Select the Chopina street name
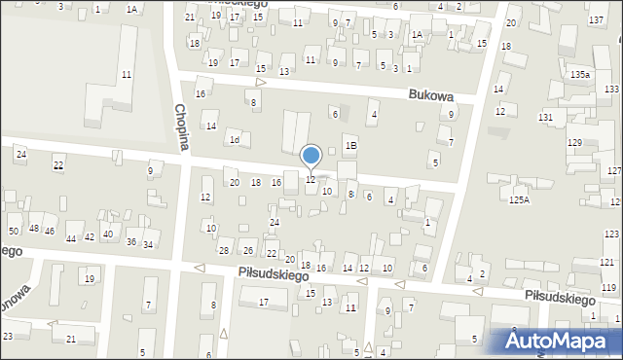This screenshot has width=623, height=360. point(180,127)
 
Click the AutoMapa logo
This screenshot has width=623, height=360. point(562,340)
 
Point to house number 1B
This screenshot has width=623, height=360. point(351,146)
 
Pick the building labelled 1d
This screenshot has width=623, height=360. point(234,139)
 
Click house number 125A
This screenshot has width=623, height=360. point(520,199)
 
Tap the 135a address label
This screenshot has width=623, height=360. point(580,74)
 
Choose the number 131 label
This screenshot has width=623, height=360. point(545,117)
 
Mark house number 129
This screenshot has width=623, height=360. point(574,143)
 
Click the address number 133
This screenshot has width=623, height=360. point(610,89)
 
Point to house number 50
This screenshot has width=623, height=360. point(14,231)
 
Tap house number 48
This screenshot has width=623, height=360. point(33,229)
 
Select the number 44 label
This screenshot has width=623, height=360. point(71,238)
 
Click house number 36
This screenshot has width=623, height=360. point(130,241)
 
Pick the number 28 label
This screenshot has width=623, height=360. point(224,251)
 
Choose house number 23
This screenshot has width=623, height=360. point(8,336)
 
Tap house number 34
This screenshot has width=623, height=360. point(147,244)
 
